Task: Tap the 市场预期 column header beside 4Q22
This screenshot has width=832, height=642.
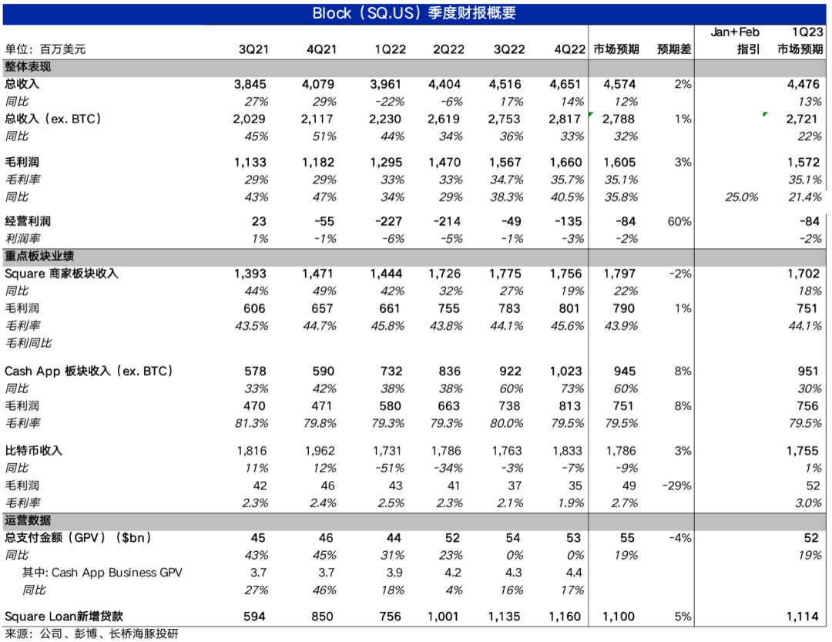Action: pyautogui.click(x=616, y=49)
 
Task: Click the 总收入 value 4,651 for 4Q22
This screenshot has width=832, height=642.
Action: pyautogui.click(x=569, y=84)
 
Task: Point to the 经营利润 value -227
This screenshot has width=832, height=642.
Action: pyautogui.click(x=389, y=222)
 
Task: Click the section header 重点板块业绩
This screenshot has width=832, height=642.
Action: pyautogui.click(x=39, y=256)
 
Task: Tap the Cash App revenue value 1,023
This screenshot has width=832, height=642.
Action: pyautogui.click(x=569, y=371)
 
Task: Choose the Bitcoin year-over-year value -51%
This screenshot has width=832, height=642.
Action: pyautogui.click(x=389, y=468)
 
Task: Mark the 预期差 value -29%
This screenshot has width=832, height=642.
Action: pyautogui.click(x=676, y=486)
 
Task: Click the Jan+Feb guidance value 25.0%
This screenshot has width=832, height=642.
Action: pyautogui.click(x=742, y=197)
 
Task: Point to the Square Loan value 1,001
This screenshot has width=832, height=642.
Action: pyautogui.click(x=447, y=617)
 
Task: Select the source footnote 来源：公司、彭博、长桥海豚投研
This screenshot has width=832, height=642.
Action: pyautogui.click(x=92, y=634)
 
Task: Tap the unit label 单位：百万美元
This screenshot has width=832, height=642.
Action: pyautogui.click(x=45, y=49)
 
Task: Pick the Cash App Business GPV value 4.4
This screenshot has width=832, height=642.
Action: pyautogui.click(x=573, y=573)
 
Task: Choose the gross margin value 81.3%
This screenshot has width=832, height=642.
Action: pyautogui.click(x=251, y=423)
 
